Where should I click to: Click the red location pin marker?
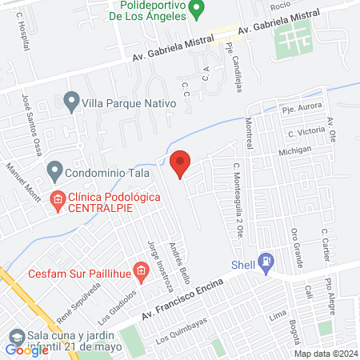(181, 164)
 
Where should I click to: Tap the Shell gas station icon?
(267, 260)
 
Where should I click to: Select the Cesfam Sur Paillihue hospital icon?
(141, 272)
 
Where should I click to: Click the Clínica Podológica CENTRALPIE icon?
(58, 200)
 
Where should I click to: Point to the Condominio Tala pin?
(54, 170)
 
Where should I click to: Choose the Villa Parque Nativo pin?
(72, 102)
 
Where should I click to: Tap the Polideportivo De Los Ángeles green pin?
(203, 10)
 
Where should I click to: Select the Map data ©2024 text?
(325, 354)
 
